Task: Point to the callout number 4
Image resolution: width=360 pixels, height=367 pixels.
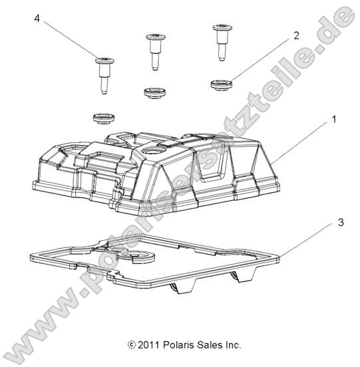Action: coord(37,21)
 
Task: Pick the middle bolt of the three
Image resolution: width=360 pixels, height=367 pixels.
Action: coord(155,50)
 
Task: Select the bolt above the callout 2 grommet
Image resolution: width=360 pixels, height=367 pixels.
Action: coord(220,41)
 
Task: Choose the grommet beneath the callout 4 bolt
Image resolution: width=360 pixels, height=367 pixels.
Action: coord(102,118)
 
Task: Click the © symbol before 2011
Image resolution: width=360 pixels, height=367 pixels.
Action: coord(130,345)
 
